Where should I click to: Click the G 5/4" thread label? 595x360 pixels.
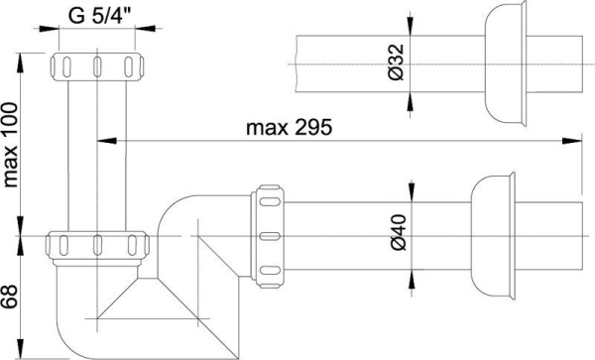99,16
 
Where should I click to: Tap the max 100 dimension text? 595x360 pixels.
11,145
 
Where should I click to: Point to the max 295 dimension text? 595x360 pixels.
289,128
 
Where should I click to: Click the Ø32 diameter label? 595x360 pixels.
397,62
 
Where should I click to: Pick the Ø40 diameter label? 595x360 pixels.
398,232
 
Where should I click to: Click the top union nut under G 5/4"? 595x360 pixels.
97,66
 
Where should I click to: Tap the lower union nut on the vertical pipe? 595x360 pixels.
97,245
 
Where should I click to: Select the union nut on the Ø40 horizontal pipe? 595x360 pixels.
270,236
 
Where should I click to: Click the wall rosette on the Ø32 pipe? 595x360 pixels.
506,63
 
